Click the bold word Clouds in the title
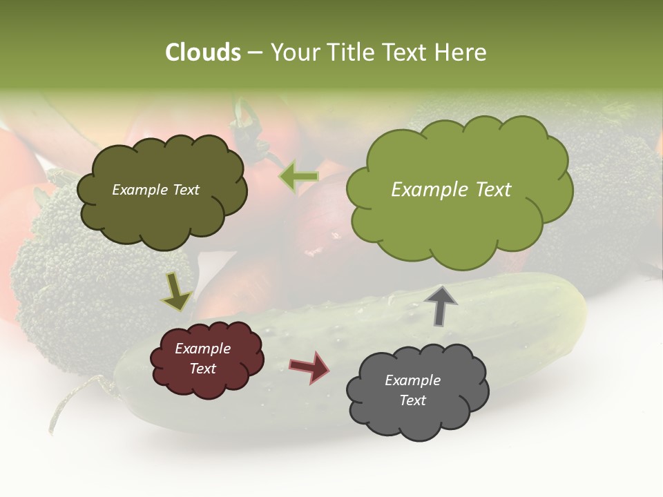(x=203, y=52)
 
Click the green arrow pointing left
(x=299, y=176)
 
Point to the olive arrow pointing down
(x=176, y=292)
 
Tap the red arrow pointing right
(x=309, y=367)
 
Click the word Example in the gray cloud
(x=412, y=380)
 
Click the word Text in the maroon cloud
(x=202, y=369)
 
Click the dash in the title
(x=255, y=52)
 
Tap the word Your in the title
(x=293, y=52)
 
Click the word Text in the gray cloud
(x=412, y=400)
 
